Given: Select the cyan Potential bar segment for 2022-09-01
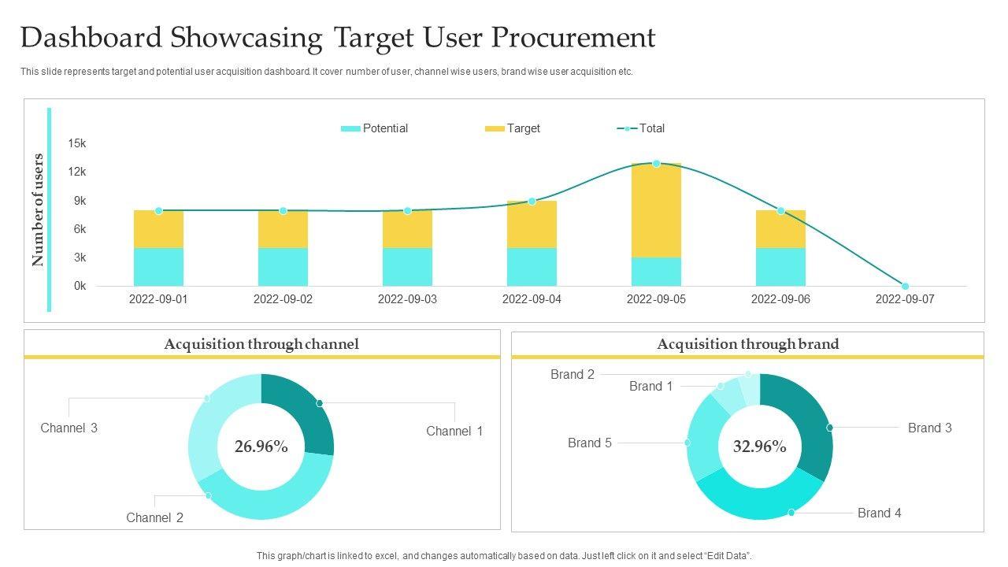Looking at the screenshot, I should coord(158,267).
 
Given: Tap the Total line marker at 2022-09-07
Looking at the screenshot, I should coord(905,286).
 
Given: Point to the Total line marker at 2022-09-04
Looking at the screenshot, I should coord(532,202).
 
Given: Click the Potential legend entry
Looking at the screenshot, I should coord(375,128).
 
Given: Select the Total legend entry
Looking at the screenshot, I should coord(641,128).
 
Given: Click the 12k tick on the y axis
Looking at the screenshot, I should coord(77,172).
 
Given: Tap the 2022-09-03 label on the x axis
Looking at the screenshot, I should coord(407,299).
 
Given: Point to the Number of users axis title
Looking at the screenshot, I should coord(38,209).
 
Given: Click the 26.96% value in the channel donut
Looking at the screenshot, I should coord(261,447).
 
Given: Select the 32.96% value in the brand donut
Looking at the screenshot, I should coord(760,447).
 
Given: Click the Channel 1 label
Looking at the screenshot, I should coord(454,431).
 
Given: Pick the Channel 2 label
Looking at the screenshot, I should coord(154,517).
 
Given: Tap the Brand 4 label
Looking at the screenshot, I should coord(879,513).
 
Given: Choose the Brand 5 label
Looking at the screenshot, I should coord(590,443).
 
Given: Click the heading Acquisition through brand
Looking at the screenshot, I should coord(748,344).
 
